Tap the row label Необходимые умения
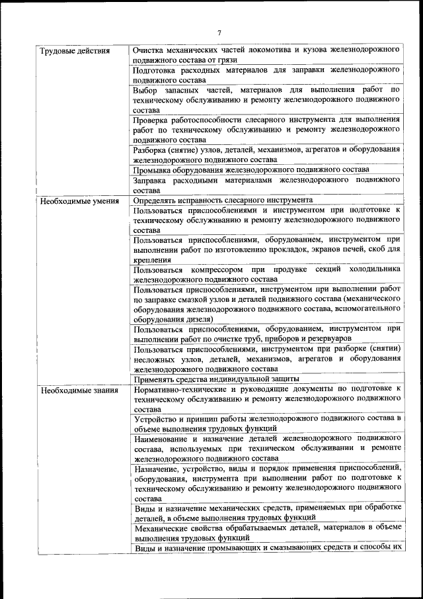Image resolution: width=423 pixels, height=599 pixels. click(x=79, y=201)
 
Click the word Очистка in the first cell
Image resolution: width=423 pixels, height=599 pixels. click(x=150, y=50)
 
